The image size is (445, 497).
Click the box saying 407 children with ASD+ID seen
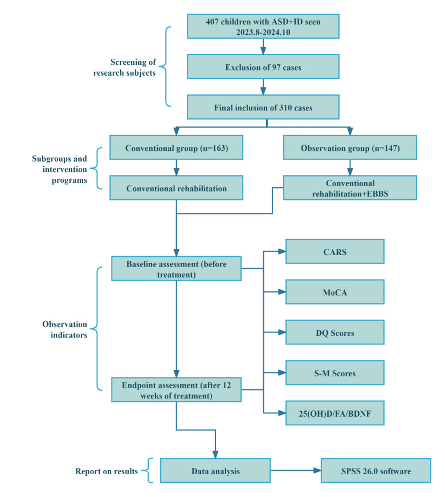pos(263,26)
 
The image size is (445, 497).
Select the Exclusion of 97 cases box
pos(263,67)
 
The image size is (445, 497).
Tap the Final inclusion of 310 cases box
pos(263,107)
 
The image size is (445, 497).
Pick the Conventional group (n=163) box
pos(177,147)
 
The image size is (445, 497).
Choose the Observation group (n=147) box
pos(350,147)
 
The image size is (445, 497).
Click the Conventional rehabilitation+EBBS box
pos(350,188)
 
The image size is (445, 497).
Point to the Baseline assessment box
pos(177,269)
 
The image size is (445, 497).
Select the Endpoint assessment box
pos(177,390)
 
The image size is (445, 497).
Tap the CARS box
pos(335,252)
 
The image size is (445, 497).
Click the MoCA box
pos(335,292)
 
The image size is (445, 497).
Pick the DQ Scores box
pos(335,332)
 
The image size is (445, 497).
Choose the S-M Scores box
pos(335,373)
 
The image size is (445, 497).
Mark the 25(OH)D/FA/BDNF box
pos(335,413)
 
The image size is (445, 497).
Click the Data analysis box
pos(215,471)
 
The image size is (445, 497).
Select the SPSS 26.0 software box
pos(376,471)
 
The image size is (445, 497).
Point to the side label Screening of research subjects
pos(125,67)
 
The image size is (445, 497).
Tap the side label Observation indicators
pos(65,329)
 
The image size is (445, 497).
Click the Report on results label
pos(107,471)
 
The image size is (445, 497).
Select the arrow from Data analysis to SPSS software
pos(296,471)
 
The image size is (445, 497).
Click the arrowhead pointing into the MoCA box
pos(282,292)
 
